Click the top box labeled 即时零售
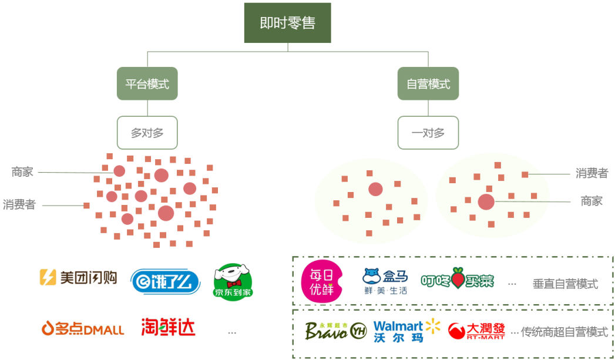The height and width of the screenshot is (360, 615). coord(287,23)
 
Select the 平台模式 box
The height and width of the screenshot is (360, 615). coord(147,84)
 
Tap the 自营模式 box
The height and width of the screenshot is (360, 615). coord(428,84)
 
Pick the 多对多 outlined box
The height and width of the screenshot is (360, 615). coord(147,133)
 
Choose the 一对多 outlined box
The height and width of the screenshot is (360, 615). coord(428,133)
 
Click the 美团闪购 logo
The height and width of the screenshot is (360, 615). coord(78,277)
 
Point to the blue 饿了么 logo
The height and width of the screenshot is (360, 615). coord(166,280)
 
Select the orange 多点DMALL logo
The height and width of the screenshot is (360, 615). coord(83,328)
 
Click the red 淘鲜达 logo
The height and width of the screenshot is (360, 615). coord(168,327)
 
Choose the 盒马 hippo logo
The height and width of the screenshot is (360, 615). coord(385,281)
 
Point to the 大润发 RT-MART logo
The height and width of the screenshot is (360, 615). coord(476,331)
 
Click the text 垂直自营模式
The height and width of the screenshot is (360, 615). coord(565,284)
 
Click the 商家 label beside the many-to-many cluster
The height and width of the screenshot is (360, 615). coord(22,172)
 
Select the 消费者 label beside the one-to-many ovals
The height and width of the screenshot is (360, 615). coord(592,173)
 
